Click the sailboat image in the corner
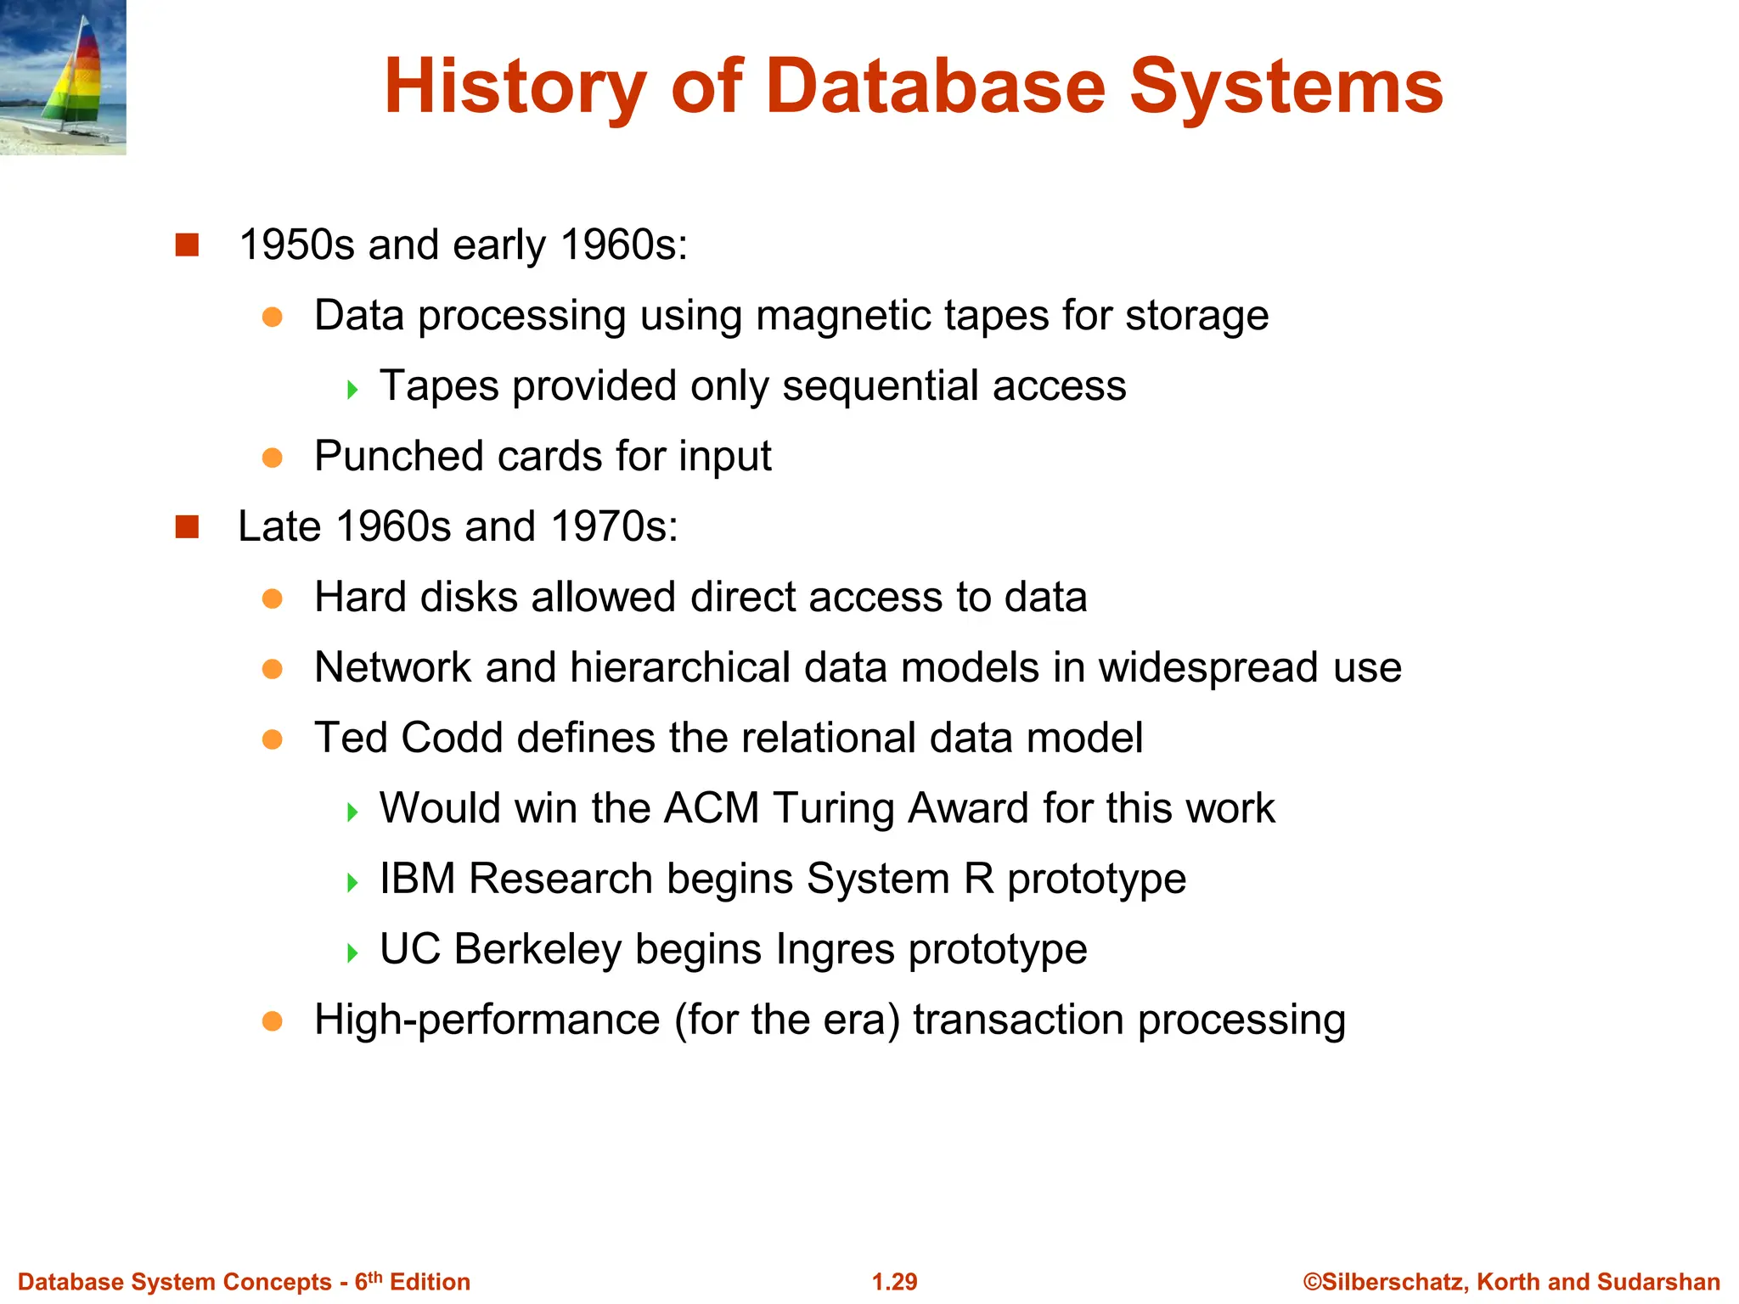[x=63, y=77]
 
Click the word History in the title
[x=515, y=87]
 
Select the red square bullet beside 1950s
[x=187, y=245]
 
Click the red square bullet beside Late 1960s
[x=187, y=527]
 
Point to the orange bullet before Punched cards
[x=272, y=458]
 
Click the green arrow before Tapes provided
[x=352, y=390]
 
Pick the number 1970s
[x=614, y=526]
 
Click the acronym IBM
[x=417, y=879]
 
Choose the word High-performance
[x=487, y=1020]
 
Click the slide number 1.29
[x=894, y=1282]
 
